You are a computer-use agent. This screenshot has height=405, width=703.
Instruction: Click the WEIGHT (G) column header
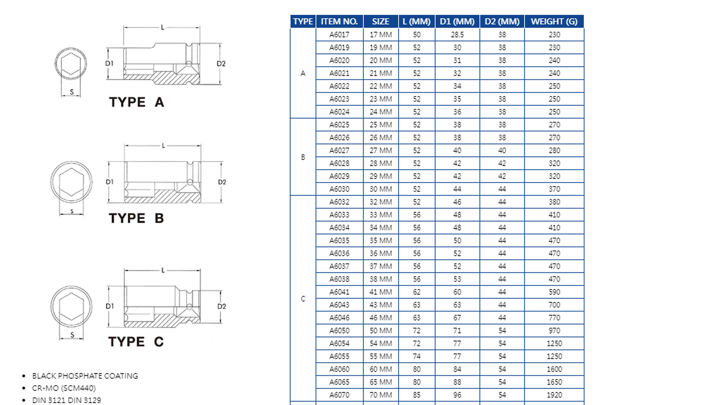(554, 22)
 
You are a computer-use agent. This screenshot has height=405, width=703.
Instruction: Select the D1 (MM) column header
(457, 22)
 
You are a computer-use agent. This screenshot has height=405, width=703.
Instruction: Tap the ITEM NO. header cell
(339, 22)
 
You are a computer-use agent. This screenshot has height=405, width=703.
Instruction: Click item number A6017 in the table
(339, 35)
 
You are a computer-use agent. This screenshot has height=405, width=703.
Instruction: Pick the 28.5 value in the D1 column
(457, 35)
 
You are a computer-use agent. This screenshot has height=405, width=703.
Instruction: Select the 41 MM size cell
(380, 292)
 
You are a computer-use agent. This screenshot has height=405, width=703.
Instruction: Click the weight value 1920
(554, 395)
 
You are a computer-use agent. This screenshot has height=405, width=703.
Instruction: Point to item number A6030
(339, 189)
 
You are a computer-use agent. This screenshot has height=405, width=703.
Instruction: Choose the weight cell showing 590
(554, 292)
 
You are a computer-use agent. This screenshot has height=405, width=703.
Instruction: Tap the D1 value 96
(457, 395)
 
